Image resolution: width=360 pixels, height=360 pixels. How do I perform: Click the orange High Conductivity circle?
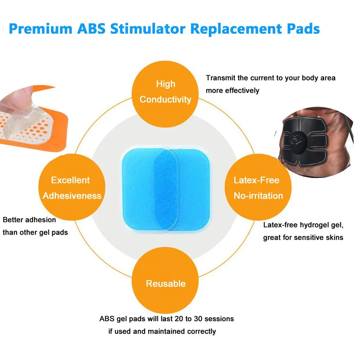pyautogui.click(x=165, y=92)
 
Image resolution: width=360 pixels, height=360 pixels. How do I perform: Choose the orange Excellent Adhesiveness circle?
pyautogui.click(x=72, y=187)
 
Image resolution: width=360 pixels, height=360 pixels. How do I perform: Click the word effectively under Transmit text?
pyautogui.click(x=242, y=91)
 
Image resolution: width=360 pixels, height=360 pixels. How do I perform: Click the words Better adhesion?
pyautogui.click(x=29, y=220)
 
